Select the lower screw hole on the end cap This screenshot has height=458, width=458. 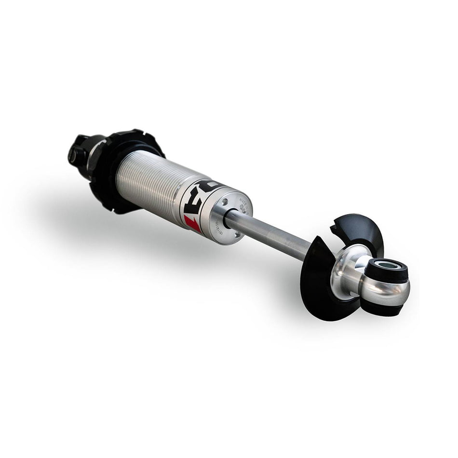click(237, 234)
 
